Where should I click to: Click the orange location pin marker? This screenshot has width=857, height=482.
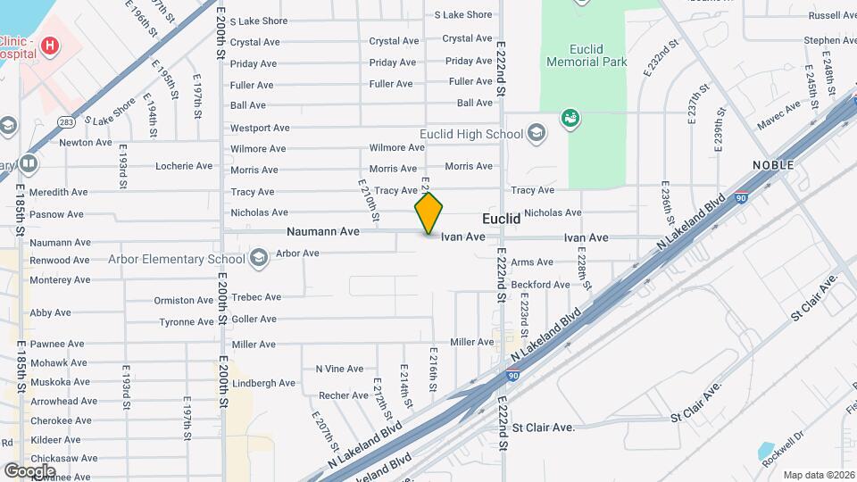[428, 212]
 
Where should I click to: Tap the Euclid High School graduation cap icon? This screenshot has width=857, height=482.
[537, 135]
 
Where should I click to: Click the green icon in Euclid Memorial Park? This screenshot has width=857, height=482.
[570, 117]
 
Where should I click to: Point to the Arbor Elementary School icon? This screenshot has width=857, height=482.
[259, 260]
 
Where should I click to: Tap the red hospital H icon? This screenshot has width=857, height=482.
[50, 45]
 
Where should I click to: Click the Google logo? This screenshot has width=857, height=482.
[29, 470]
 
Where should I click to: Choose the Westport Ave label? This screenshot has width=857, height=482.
[260, 128]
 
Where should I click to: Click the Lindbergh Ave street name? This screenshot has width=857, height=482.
[263, 383]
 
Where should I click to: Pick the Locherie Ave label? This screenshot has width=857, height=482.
[184, 166]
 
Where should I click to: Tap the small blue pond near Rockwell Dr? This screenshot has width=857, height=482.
[766, 452]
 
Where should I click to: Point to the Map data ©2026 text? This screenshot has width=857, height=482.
[819, 475]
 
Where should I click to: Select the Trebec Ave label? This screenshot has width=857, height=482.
[256, 297]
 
